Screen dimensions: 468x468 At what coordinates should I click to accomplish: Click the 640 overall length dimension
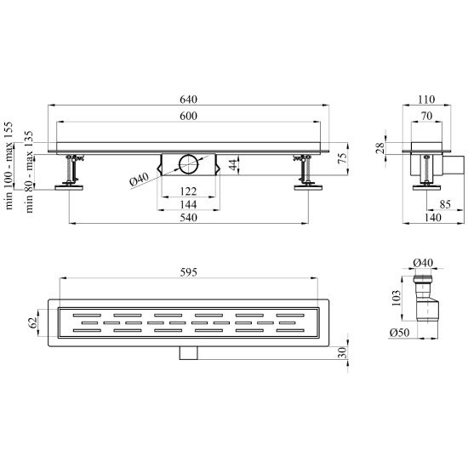tap(188, 100)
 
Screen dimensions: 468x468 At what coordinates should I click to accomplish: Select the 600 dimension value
tap(188, 116)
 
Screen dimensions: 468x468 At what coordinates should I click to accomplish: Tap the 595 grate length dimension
tap(188, 272)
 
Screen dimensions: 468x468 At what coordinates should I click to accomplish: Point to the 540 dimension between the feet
tap(188, 218)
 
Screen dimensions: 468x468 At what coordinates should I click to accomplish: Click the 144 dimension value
tap(188, 205)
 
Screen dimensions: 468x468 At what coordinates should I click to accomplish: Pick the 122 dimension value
tap(188, 191)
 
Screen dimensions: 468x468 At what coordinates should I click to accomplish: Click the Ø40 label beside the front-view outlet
tap(139, 180)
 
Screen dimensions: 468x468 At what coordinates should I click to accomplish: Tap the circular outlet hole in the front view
tap(188, 164)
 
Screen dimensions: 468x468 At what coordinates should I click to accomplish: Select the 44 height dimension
tap(234, 164)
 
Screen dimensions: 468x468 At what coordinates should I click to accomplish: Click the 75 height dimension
tap(343, 158)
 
